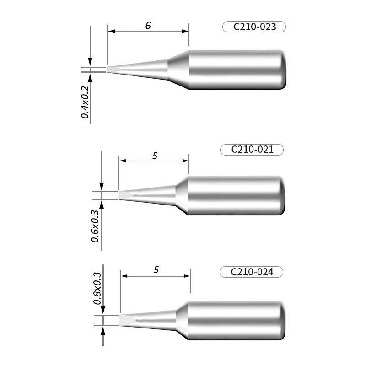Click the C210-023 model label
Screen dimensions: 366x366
pyautogui.click(x=254, y=27)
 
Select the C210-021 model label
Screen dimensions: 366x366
pyautogui.click(x=252, y=150)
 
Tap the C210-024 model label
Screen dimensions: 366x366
pyautogui.click(x=252, y=272)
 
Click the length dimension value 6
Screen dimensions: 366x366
pyautogui.click(x=148, y=26)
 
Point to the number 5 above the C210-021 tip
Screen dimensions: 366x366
pyautogui.click(x=155, y=156)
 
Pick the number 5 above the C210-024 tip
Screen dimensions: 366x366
pyautogui.click(x=156, y=270)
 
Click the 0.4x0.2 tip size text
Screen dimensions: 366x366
pyautogui.click(x=85, y=102)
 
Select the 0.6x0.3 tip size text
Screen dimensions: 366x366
pyautogui.click(x=95, y=226)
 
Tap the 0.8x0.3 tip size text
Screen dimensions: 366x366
pyautogui.click(x=97, y=288)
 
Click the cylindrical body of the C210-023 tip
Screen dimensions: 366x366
pyautogui.click(x=238, y=70)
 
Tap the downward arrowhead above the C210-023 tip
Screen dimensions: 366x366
pyautogui.click(x=91, y=62)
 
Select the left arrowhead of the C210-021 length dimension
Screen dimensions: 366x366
pyautogui.click(x=122, y=161)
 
